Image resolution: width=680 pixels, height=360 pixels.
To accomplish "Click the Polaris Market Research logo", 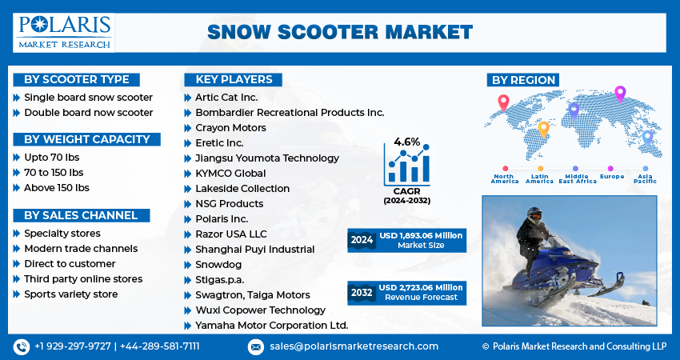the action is (64, 33).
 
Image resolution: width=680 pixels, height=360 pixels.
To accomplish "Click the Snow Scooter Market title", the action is (340, 33).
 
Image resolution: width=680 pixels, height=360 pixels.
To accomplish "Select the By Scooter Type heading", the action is (76, 80).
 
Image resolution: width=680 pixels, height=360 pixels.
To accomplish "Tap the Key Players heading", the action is (234, 80).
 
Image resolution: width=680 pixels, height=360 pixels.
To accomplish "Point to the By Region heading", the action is (523, 80).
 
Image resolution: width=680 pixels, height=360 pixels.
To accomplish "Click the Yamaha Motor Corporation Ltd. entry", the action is (271, 326).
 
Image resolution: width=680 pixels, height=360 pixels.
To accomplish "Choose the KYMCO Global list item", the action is (230, 174).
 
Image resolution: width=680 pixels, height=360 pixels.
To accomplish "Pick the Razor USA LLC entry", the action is (230, 234).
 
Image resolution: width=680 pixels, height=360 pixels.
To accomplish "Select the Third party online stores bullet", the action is (83, 279).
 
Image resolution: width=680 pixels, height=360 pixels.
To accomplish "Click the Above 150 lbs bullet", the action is (57, 188).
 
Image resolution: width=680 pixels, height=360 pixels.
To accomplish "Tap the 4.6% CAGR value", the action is (406, 142).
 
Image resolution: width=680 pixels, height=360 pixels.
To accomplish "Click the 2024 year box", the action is (362, 240).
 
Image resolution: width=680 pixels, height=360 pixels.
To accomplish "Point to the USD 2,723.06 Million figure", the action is (421, 287).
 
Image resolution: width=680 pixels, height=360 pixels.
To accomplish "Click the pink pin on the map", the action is (620, 94).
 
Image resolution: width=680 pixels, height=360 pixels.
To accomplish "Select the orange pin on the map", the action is (543, 130).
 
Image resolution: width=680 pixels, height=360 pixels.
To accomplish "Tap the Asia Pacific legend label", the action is (645, 178).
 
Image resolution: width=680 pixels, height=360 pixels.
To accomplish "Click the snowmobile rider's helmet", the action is (534, 214).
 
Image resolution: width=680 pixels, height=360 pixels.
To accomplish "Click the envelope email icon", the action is (256, 347).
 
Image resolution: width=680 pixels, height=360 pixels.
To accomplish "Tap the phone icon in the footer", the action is (22, 347).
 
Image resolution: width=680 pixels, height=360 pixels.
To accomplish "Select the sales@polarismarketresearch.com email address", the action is (354, 346).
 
